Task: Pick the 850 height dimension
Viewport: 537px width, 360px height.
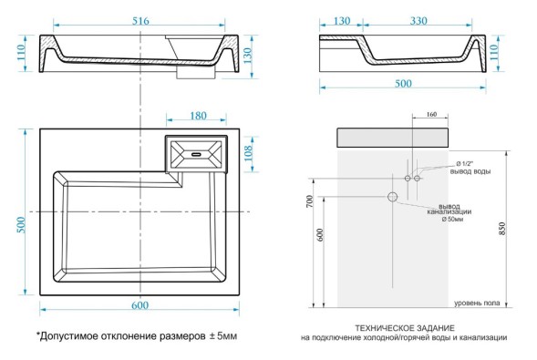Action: pyautogui.click(x=501, y=230)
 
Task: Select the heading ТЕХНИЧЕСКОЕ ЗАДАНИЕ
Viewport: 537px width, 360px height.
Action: pyautogui.click(x=406, y=327)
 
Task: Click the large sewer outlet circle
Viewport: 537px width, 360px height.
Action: pyautogui.click(x=393, y=196)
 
